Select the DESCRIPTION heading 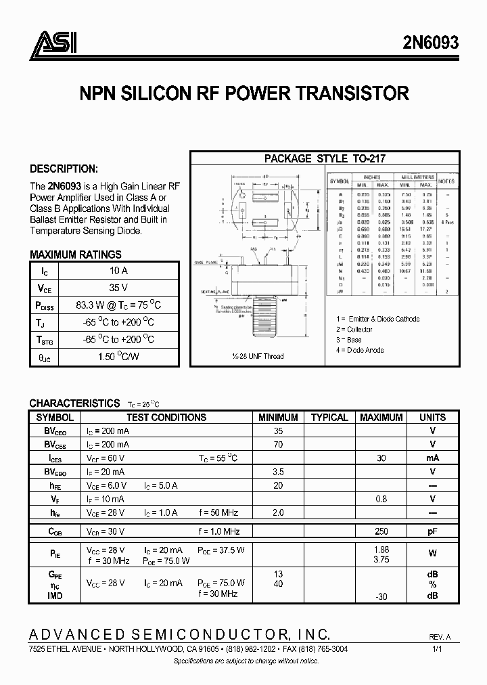pyautogui.click(x=64, y=169)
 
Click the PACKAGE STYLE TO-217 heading pyautogui.click(x=325, y=158)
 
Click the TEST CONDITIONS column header pyautogui.click(x=166, y=418)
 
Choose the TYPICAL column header pyautogui.click(x=329, y=418)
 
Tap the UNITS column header pyautogui.click(x=432, y=418)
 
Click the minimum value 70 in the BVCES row pyautogui.click(x=278, y=445)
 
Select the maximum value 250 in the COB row pyautogui.click(x=381, y=531)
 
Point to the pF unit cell pyautogui.click(x=432, y=531)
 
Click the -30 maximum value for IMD pyautogui.click(x=381, y=596)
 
